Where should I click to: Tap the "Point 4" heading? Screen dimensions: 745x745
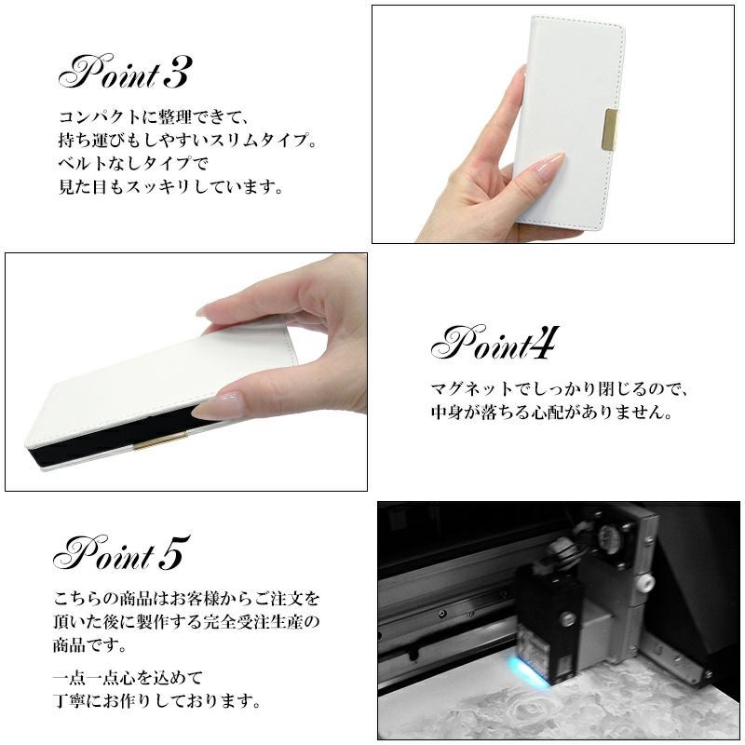point(494,343)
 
